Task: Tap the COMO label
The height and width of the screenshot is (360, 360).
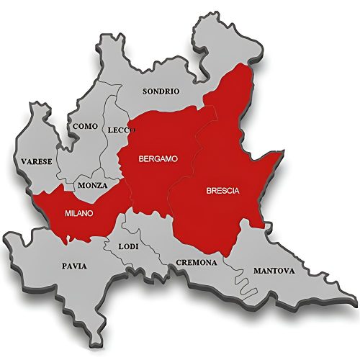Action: click(x=85, y=127)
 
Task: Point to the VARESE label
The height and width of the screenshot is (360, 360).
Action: click(x=36, y=161)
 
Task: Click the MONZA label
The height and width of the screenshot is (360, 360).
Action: click(x=94, y=185)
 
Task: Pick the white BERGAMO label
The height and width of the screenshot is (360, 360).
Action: click(x=158, y=158)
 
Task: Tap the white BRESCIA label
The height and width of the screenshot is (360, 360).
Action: click(x=222, y=191)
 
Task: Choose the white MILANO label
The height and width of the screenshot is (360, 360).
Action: click(x=78, y=213)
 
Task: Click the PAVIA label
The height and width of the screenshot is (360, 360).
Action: click(x=74, y=266)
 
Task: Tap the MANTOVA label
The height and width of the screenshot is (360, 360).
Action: click(x=274, y=271)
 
